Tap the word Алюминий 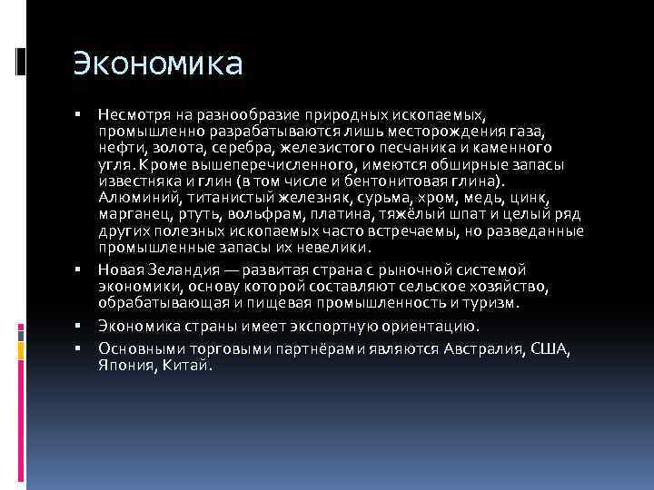136,197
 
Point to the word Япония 125,366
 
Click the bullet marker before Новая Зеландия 79,270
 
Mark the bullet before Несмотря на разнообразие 79,115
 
